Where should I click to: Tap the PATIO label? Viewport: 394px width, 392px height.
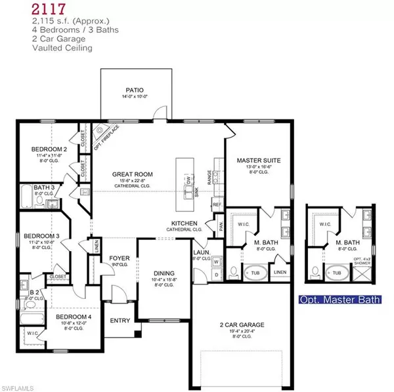(x=135, y=91)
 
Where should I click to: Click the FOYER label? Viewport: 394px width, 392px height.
(x=120, y=258)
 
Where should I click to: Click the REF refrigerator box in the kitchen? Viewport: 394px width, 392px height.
(x=217, y=205)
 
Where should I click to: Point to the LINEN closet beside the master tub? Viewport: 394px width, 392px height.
(x=279, y=272)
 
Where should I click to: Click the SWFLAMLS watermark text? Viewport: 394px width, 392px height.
(x=20, y=382)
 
